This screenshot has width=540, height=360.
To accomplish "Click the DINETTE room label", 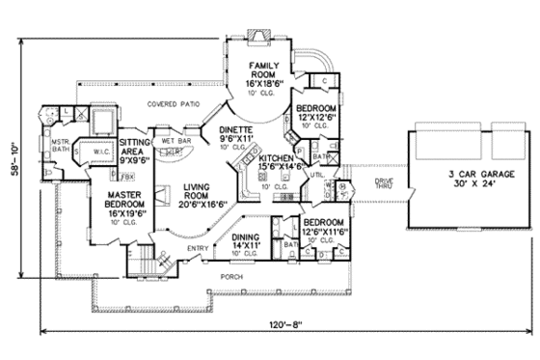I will pyautogui.click(x=235, y=128).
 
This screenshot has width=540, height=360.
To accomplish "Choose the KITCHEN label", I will pyautogui.click(x=276, y=156).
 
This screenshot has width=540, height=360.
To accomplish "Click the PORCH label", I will pyautogui.click(x=230, y=275).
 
